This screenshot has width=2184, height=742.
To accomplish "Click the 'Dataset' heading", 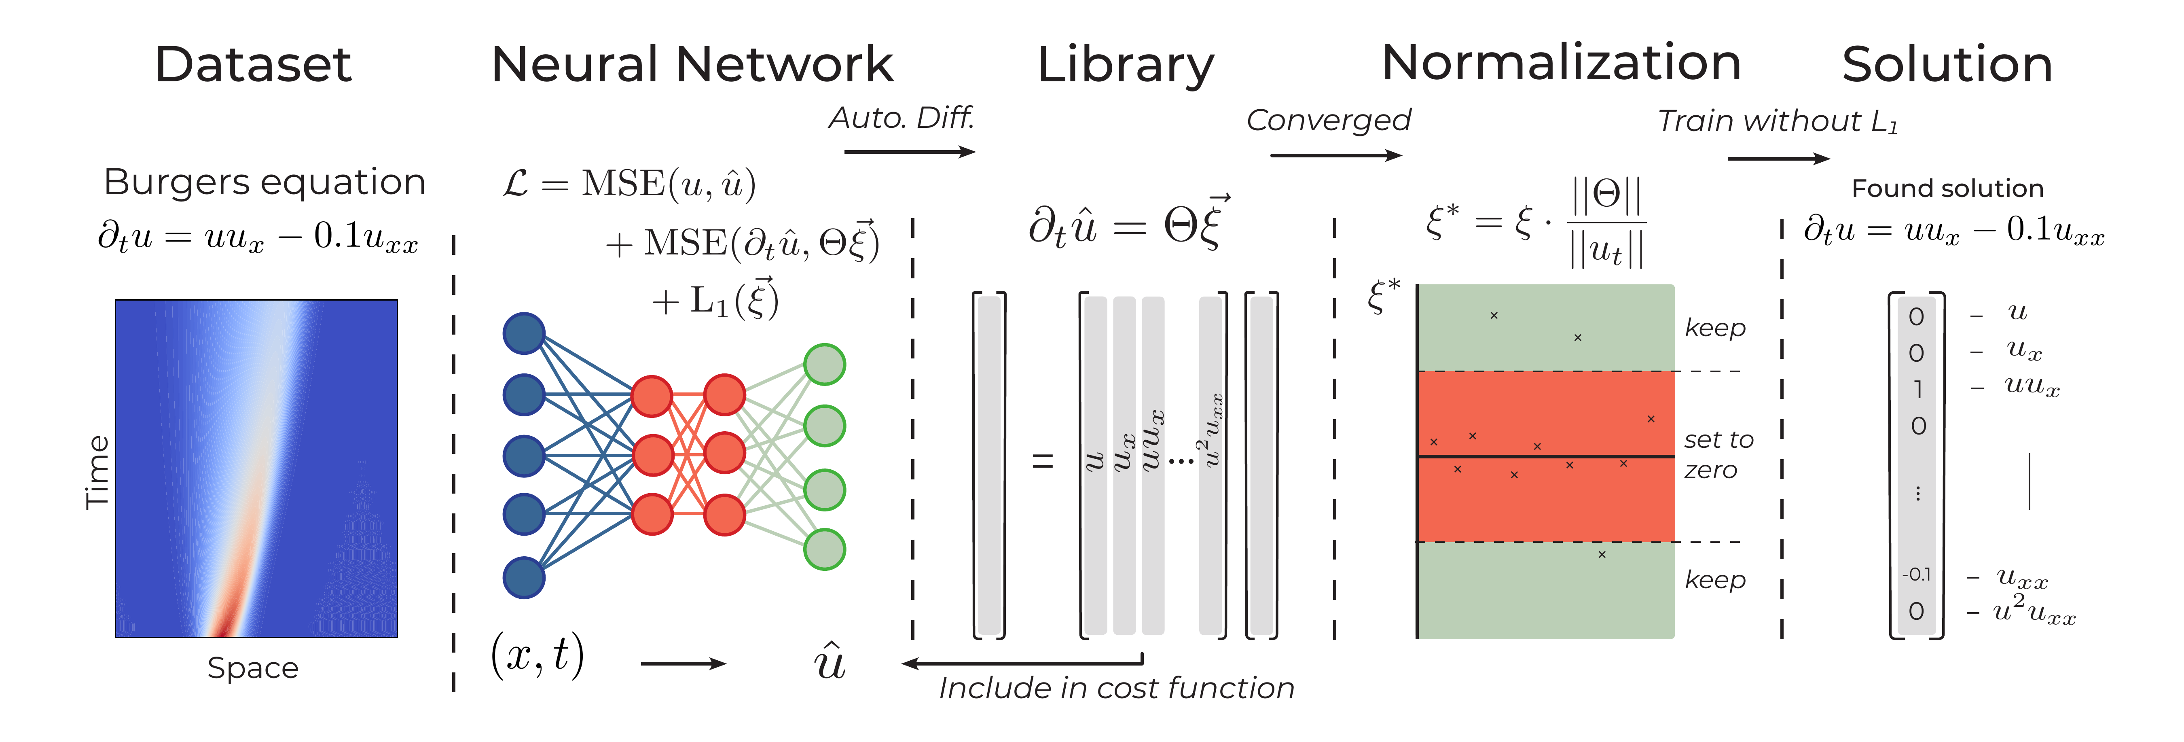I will (x=253, y=64).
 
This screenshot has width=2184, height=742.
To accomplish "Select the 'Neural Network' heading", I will (x=692, y=64).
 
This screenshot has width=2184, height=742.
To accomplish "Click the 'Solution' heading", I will (x=1947, y=64).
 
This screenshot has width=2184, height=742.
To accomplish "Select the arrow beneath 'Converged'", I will (x=1335, y=155).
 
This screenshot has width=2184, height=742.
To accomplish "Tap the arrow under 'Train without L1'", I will (x=1778, y=159).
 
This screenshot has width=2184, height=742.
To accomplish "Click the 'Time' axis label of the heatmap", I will (x=97, y=472).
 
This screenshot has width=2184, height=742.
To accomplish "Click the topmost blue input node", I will (x=524, y=333).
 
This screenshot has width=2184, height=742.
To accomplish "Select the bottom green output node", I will (x=824, y=549).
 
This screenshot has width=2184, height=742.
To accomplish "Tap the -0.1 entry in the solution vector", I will (x=1916, y=574).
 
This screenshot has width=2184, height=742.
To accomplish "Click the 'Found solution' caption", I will (x=1947, y=188).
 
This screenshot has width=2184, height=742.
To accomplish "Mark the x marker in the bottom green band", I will (x=1602, y=555).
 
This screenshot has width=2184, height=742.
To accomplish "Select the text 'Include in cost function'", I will (x=1116, y=688).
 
